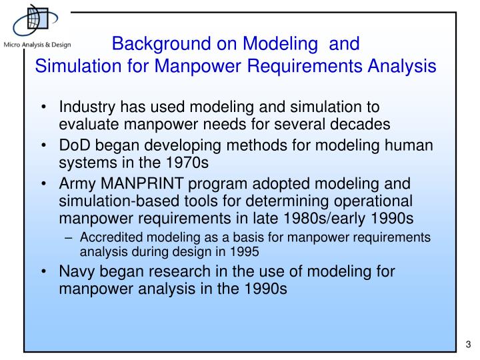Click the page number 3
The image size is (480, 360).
[x=467, y=345]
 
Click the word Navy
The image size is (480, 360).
[x=77, y=272]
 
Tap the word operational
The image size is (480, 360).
[x=376, y=202]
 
